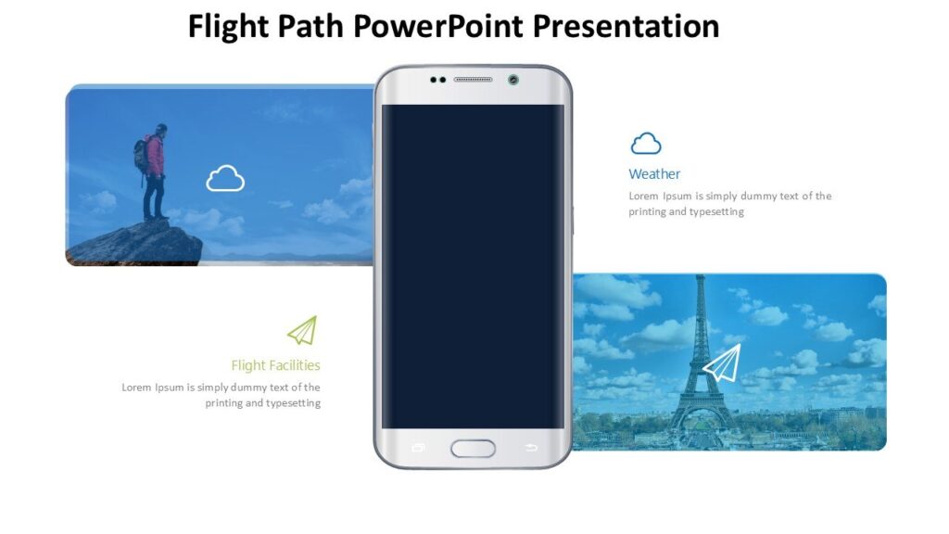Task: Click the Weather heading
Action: pos(654,174)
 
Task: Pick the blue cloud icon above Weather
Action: pos(646,144)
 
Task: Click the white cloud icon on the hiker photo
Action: pos(225,178)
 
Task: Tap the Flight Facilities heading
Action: pos(275,365)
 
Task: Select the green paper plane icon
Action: pos(302,331)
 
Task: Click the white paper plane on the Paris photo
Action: pos(722,362)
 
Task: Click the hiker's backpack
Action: pos(142,156)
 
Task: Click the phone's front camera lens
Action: pos(513,80)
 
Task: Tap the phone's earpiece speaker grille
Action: pos(473,80)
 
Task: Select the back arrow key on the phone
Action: pos(531,448)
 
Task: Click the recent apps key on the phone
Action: pos(417,448)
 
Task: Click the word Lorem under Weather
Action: pos(643,197)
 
